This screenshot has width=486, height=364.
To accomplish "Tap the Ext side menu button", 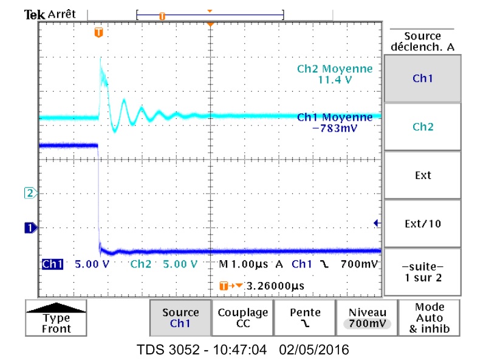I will (423, 175).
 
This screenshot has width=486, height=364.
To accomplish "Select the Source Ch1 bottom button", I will (180, 318).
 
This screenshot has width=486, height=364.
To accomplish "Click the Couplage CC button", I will (242, 318).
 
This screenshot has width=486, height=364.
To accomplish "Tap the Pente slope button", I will (304, 318).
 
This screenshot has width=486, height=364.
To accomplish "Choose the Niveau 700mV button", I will (366, 318).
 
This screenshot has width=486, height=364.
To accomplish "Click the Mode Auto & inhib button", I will (430, 318).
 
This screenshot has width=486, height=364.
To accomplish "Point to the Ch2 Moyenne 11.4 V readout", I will (334, 74).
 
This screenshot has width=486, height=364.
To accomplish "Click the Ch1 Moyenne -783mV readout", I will (334, 123).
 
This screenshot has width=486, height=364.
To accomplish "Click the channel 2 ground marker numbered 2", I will (29, 194).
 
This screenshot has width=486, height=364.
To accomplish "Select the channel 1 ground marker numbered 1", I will (29, 228).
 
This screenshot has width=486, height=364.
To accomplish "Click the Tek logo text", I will (31, 14).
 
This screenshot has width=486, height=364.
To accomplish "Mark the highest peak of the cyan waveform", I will (100, 59).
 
